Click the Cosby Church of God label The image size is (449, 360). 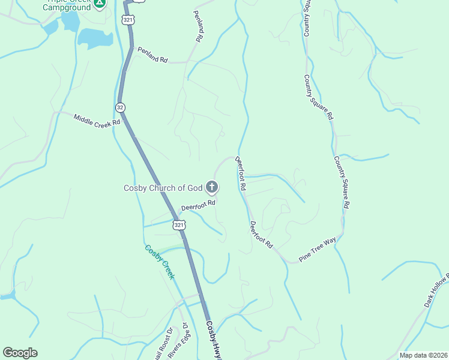tap(163, 188)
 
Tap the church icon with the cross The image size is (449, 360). tap(211, 188)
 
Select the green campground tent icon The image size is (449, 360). tap(100, 3)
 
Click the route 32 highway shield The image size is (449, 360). tap(121, 107)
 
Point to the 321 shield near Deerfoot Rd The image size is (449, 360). tap(178, 224)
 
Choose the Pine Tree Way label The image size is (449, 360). tap(318, 249)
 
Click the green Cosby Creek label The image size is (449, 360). tap(159, 262)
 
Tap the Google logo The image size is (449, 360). tap(20, 353)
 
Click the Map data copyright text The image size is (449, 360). tap(423, 355)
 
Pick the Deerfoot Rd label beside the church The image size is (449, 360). tap(198, 205)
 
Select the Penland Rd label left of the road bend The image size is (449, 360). tap(152, 55)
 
